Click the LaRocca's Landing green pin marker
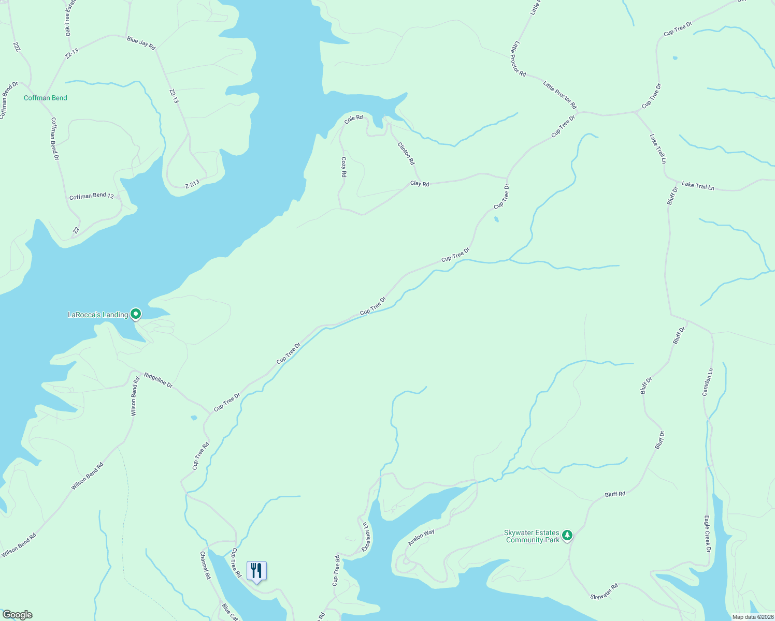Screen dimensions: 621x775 tap(136, 314)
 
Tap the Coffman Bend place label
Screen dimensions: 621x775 tap(46, 98)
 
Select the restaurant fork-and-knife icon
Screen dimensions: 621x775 tap(256, 571)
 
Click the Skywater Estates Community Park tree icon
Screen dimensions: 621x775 tap(567, 535)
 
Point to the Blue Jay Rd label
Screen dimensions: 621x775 tap(141, 43)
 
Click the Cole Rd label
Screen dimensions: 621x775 tap(353, 119)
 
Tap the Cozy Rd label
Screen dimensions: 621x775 tap(343, 167)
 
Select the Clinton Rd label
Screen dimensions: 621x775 tap(406, 153)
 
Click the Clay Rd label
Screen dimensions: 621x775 tap(420, 184)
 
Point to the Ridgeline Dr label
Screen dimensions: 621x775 tap(158, 380)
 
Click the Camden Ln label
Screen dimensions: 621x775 tap(708, 382)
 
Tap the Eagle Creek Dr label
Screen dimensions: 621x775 tap(707, 534)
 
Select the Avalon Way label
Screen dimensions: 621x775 tap(421, 537)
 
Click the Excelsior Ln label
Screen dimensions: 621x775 tap(366, 537)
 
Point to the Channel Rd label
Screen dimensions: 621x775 tap(206, 565)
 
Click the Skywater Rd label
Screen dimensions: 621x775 tap(604, 592)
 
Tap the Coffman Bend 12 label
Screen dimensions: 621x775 tap(92, 196)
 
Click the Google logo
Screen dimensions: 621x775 tap(17, 615)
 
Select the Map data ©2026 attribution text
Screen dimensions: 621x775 tap(752, 617)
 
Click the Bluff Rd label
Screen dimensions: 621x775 tap(615, 494)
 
